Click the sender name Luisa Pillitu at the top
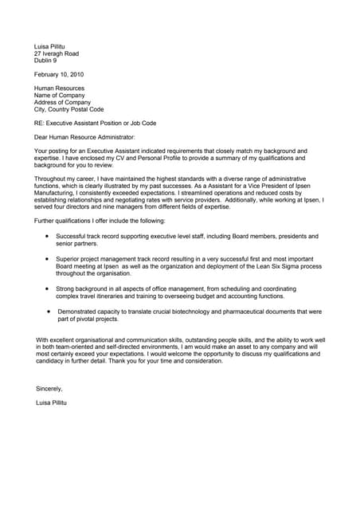tap(52, 46)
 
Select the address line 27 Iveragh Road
tap(57, 53)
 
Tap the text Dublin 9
tap(46, 61)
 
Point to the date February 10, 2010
tap(58, 74)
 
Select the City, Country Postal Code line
tap(69, 110)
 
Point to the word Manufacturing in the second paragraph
tap(55, 194)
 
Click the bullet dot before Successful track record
tap(48, 236)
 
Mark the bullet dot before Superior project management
tap(48, 259)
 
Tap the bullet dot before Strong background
tap(48, 288)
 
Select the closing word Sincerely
tap(49, 389)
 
